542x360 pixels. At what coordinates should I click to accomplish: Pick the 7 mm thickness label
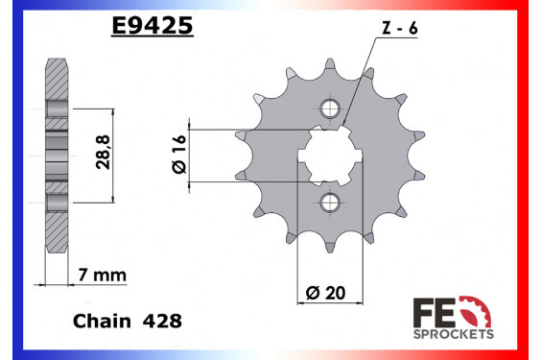pyautogui.click(x=99, y=276)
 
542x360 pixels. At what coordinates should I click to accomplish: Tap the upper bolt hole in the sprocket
pyautogui.click(x=331, y=107)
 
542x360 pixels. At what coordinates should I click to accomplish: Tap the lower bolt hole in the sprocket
pyautogui.click(x=331, y=202)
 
